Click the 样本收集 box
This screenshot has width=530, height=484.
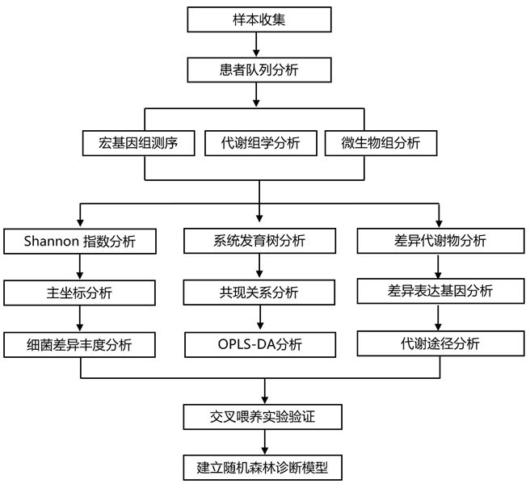pyautogui.click(x=259, y=19)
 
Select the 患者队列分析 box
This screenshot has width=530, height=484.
pyautogui.click(x=259, y=69)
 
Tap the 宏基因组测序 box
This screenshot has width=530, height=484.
pyautogui.click(x=139, y=143)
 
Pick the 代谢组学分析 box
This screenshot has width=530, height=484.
pyautogui.click(x=260, y=143)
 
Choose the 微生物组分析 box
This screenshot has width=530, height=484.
pyautogui.click(x=381, y=143)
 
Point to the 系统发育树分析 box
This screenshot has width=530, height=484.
pyautogui.click(x=259, y=241)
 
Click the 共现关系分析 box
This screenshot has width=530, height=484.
pyautogui.click(x=259, y=293)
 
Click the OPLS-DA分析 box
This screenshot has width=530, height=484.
pyautogui.click(x=259, y=345)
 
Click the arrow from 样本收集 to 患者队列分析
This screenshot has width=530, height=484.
pyautogui.click(x=259, y=44)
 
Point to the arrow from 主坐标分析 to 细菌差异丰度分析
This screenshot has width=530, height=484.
pyautogui.click(x=79, y=318)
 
